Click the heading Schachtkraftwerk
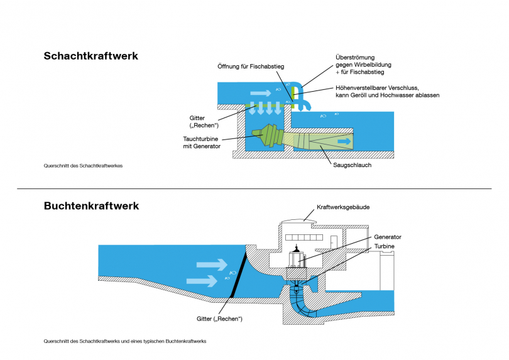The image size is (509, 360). [90, 56]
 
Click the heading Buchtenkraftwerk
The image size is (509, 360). [91, 205]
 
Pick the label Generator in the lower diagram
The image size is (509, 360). [388, 237]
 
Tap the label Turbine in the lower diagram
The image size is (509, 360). [385, 246]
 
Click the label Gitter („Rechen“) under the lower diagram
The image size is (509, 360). [219, 319]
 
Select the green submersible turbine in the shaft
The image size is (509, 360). [268, 136]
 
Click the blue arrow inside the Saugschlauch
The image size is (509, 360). [342, 142]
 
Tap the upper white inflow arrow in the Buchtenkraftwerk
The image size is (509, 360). [211, 265]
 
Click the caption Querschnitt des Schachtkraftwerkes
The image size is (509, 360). [82, 166]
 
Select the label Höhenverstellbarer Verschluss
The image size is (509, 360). [378, 87]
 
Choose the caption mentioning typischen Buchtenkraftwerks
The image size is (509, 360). [124, 341]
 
